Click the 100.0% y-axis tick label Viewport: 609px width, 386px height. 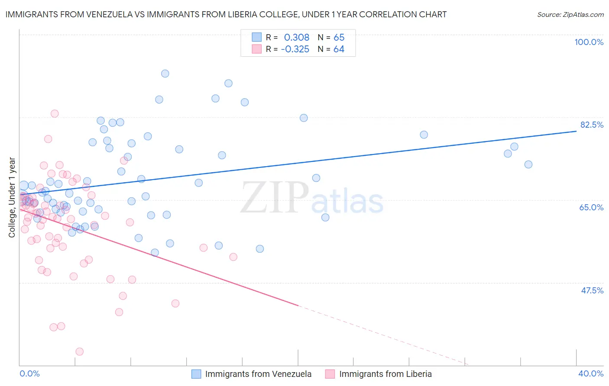(x=589, y=42)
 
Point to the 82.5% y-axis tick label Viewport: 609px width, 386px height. (x=592, y=125)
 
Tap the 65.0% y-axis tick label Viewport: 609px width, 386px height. (x=591, y=207)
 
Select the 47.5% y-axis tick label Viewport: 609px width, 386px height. (x=592, y=290)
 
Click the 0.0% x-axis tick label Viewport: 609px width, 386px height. (x=29, y=373)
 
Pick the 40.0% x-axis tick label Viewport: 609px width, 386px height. (x=591, y=373)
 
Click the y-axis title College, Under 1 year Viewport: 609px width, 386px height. (x=12, y=197)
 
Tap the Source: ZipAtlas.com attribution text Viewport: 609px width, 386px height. (x=570, y=15)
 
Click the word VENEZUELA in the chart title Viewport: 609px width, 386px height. (x=110, y=15)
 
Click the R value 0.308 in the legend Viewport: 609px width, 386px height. (x=297, y=38)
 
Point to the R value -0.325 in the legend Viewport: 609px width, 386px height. (x=295, y=49)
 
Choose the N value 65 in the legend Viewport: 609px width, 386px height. (x=339, y=38)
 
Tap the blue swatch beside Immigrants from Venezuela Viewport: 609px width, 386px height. (x=196, y=374)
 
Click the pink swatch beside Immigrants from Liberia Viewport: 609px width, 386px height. (x=330, y=374)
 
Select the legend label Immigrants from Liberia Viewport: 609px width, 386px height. (x=385, y=374)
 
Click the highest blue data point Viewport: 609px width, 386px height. (x=165, y=74)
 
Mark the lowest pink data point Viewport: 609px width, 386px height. (x=79, y=352)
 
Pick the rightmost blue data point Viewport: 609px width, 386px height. (x=528, y=164)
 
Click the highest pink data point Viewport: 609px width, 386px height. (x=55, y=114)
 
